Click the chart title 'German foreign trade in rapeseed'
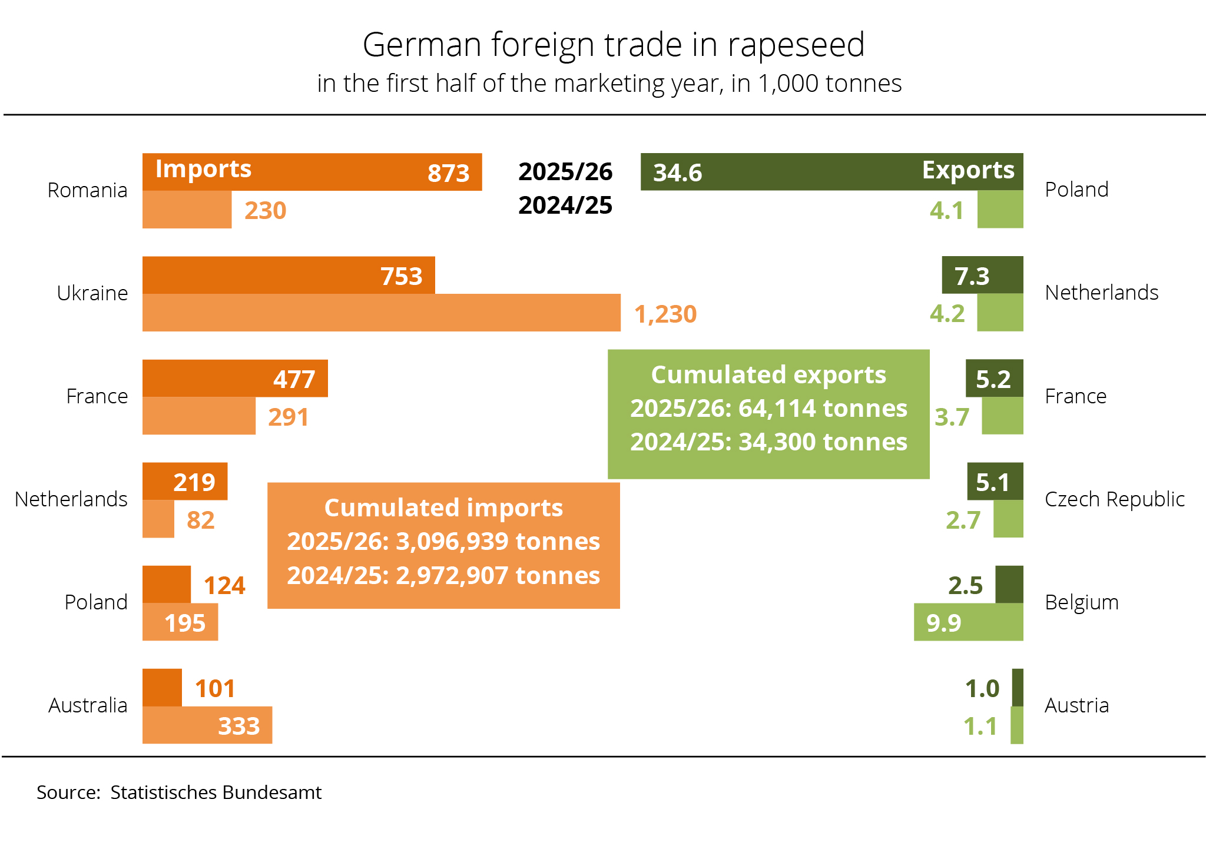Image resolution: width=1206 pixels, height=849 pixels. pyautogui.click(x=613, y=45)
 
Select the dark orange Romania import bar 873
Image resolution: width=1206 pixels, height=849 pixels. pyautogui.click(x=312, y=172)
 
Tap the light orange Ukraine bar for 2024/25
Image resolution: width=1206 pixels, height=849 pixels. pyautogui.click(x=381, y=313)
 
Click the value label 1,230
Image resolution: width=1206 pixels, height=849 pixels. pyautogui.click(x=665, y=314)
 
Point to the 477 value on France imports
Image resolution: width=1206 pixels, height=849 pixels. pyautogui.click(x=294, y=379)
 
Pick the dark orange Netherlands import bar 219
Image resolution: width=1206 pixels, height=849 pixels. pyautogui.click(x=185, y=482)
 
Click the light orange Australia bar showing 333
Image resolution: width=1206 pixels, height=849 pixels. pyautogui.click(x=207, y=725)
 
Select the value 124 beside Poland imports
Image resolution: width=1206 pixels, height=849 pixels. pyautogui.click(x=224, y=586)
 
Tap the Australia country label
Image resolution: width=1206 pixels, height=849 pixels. pyautogui.click(x=88, y=705)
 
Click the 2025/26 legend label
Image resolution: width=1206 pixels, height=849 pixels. pyautogui.click(x=565, y=172)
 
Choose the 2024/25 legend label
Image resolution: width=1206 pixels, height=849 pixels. pyautogui.click(x=565, y=205)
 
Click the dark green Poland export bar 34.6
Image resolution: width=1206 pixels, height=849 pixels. pyautogui.click(x=831, y=172)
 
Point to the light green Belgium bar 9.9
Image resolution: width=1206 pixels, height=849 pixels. pyautogui.click(x=968, y=622)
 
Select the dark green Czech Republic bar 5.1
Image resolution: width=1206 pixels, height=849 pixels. pyautogui.click(x=995, y=482)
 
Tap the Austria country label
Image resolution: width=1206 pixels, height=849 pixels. pyautogui.click(x=1076, y=705)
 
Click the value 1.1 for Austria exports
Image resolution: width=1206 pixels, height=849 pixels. pyautogui.click(x=980, y=727)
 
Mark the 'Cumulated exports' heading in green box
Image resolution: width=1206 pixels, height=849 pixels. pyautogui.click(x=768, y=375)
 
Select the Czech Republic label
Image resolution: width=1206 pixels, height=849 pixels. pyautogui.click(x=1114, y=499)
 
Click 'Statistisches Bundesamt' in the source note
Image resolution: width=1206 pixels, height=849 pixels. pyautogui.click(x=216, y=792)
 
